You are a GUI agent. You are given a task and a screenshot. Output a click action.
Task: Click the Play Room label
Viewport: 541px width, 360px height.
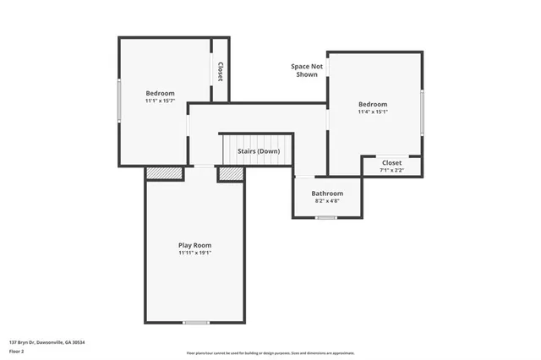(x=194, y=245)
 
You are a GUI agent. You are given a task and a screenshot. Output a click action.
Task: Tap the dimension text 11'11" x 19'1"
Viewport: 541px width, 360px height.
(x=194, y=253)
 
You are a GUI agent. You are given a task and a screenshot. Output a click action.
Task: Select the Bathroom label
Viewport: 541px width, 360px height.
(x=328, y=194)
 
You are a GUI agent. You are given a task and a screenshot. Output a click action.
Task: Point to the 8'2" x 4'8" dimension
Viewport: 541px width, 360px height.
(x=328, y=201)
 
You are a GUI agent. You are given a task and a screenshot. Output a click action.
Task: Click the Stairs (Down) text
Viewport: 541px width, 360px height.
(x=259, y=152)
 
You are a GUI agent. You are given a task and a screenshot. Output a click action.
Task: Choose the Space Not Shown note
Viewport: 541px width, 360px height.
(x=307, y=70)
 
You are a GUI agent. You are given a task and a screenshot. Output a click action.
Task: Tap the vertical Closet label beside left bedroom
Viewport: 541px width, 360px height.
(x=220, y=71)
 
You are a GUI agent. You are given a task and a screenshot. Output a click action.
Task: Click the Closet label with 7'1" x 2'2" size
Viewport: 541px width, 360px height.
(x=391, y=162)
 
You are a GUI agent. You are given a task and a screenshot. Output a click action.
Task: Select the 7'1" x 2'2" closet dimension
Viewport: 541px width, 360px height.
(x=391, y=170)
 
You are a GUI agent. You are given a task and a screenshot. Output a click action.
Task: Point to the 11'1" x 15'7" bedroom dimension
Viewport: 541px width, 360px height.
(x=160, y=101)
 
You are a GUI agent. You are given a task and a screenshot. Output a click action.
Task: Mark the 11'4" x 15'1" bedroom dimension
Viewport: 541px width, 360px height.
(x=372, y=112)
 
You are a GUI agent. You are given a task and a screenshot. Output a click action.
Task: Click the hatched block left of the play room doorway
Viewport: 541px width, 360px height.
(x=164, y=173)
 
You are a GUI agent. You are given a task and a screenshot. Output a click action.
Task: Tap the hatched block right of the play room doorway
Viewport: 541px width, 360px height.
(x=231, y=173)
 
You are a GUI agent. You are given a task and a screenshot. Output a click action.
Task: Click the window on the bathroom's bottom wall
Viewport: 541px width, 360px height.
(x=326, y=218)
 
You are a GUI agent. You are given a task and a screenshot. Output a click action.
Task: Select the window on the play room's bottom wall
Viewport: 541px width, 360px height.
(x=196, y=322)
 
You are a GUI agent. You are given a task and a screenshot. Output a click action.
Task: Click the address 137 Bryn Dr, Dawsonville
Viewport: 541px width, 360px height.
(x=46, y=342)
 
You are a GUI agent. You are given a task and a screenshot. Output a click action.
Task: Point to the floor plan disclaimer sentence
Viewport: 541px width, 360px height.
(x=270, y=352)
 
